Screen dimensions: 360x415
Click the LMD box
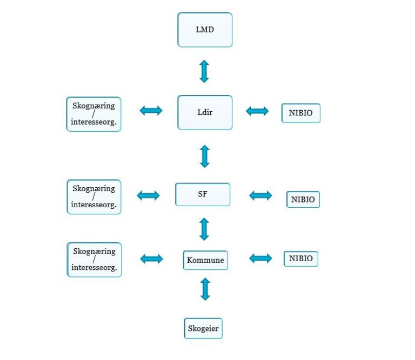coord(205,30)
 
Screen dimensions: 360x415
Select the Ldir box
coord(205,113)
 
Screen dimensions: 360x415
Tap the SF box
coord(203,194)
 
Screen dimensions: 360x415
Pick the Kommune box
coord(205,260)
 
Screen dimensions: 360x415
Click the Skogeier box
coord(203,328)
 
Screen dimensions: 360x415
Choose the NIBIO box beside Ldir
coord(300,113)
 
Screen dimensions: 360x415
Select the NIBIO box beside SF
coord(303,199)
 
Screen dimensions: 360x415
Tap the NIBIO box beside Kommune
coord(301,259)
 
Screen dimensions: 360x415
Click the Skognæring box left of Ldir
coord(94,114)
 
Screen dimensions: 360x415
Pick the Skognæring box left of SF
coord(94,196)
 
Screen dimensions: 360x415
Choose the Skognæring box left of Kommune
coord(94,259)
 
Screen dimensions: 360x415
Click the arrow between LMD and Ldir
coord(204,71)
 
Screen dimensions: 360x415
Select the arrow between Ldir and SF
coord(204,156)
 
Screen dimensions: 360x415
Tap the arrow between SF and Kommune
coord(204,229)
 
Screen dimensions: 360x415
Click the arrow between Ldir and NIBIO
coord(257,111)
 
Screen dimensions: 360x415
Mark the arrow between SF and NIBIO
coord(260,195)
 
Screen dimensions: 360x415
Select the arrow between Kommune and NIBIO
coord(260,259)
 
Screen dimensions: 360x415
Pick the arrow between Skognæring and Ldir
coord(151,111)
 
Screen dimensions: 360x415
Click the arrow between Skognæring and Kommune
coord(151,259)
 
